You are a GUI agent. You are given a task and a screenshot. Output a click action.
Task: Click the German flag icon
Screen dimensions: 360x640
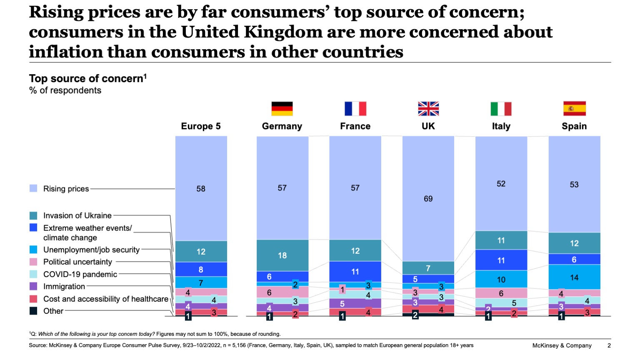tap(282, 109)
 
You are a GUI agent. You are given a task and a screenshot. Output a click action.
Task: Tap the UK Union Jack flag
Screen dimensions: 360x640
tap(428, 109)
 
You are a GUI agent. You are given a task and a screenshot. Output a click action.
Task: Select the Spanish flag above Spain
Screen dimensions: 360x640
tap(574, 109)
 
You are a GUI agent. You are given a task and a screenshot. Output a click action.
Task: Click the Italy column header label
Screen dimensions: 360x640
tap(501, 126)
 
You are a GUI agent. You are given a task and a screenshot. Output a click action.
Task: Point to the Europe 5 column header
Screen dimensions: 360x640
tap(201, 126)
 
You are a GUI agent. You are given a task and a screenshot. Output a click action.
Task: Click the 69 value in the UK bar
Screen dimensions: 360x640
tap(428, 199)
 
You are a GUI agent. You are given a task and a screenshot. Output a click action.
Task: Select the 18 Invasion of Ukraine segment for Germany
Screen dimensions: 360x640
tap(282, 255)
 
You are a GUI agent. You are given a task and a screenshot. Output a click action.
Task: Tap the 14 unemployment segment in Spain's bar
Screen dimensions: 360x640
tap(574, 277)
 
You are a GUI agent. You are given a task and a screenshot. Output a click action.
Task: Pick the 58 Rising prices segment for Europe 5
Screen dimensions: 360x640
tap(201, 189)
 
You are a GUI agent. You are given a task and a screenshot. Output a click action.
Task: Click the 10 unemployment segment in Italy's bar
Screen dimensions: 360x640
tap(501, 280)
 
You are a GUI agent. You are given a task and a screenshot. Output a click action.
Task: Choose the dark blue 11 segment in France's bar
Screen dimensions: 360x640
tap(355, 272)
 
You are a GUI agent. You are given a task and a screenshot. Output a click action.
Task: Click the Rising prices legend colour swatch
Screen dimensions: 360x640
tap(33, 189)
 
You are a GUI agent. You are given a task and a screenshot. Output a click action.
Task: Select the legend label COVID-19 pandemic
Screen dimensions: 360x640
tap(80, 274)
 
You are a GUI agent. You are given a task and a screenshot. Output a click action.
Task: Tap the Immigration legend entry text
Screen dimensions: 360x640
tap(64, 286)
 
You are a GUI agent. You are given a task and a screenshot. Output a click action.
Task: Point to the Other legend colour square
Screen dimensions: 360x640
tap(33, 311)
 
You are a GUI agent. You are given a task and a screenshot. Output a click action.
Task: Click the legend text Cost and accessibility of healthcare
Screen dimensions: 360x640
tap(106, 299)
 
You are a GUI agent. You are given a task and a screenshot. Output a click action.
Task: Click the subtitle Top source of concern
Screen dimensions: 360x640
tap(86, 79)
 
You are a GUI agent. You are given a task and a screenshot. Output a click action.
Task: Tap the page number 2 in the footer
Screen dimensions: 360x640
tap(609, 345)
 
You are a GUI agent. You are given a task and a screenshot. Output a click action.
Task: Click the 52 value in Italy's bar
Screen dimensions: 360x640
tap(501, 184)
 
